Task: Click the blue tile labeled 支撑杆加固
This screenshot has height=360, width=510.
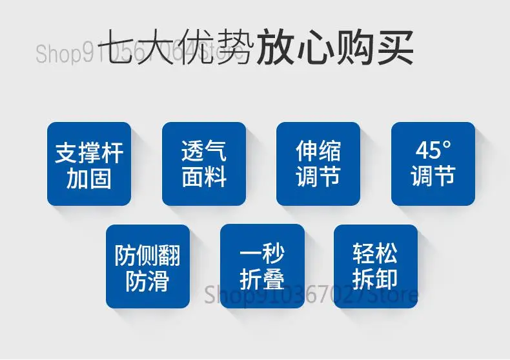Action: (x=89, y=164)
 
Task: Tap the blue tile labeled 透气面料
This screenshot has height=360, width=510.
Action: (x=204, y=164)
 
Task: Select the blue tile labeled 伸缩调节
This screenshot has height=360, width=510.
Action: (x=318, y=164)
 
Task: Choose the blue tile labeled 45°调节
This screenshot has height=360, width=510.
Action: (x=433, y=164)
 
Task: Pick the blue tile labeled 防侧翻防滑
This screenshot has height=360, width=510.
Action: (x=148, y=266)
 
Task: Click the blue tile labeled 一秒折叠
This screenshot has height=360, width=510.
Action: (x=262, y=266)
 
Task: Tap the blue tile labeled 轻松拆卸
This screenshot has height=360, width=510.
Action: (x=376, y=266)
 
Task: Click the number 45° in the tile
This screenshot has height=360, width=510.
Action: (x=434, y=150)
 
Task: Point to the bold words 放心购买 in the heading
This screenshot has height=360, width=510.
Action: (x=335, y=47)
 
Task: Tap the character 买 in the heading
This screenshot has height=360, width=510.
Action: (x=395, y=47)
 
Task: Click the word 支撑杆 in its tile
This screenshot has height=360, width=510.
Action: (x=89, y=153)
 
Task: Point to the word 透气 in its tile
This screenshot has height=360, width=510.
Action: (x=204, y=151)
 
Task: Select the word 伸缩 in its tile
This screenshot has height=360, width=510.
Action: (x=318, y=151)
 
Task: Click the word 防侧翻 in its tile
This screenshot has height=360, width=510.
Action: (x=148, y=255)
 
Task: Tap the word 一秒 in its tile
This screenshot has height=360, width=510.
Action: (x=262, y=254)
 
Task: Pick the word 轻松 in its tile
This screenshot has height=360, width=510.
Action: (x=375, y=253)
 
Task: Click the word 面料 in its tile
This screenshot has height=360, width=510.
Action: (x=204, y=177)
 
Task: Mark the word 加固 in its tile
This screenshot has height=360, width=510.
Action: (x=89, y=179)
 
